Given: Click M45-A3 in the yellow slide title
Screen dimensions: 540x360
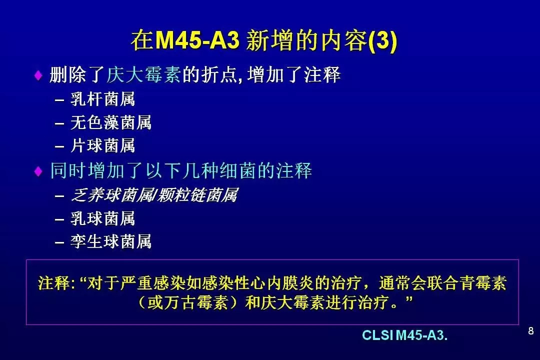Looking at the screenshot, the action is pos(197,40).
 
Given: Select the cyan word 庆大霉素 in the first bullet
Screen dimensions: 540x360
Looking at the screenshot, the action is pos(143,74).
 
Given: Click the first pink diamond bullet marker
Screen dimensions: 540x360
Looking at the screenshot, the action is pos(38,75).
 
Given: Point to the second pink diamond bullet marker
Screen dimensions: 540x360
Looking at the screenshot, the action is pos(38,171).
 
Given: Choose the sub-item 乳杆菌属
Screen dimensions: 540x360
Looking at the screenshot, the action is pos(102,99).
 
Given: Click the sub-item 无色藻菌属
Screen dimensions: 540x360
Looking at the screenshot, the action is pos(111,122).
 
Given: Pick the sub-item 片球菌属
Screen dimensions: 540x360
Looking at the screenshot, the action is pos(102,145).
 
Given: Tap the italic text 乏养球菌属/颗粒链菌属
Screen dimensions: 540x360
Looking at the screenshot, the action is pos(154,195).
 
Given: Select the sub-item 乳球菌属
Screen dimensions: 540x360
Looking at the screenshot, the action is pos(102,218).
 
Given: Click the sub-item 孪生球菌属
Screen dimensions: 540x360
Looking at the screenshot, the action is pos(111,241).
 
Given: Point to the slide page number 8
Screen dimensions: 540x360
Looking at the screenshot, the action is pos(530,331).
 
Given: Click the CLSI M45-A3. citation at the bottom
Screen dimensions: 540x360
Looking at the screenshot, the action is pos(404,335).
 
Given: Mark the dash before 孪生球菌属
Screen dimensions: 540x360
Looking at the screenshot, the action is pos(59,242).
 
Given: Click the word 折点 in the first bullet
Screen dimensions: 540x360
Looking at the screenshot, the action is pos(219,74).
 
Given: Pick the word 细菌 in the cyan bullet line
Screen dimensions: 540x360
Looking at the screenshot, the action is pos(238,170).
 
